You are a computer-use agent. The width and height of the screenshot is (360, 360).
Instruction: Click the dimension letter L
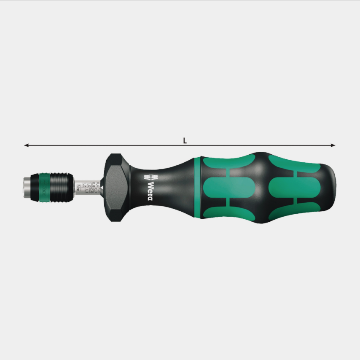point(185,141)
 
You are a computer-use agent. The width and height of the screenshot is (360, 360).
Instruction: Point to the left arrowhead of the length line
point(26,145)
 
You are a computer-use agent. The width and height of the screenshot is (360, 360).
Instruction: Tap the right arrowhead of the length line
point(333,145)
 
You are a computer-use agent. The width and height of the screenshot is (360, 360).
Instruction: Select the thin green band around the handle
point(196,187)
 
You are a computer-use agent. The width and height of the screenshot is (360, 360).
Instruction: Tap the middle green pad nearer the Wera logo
point(228,186)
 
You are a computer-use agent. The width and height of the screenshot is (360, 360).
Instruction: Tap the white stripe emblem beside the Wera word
point(148,176)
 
